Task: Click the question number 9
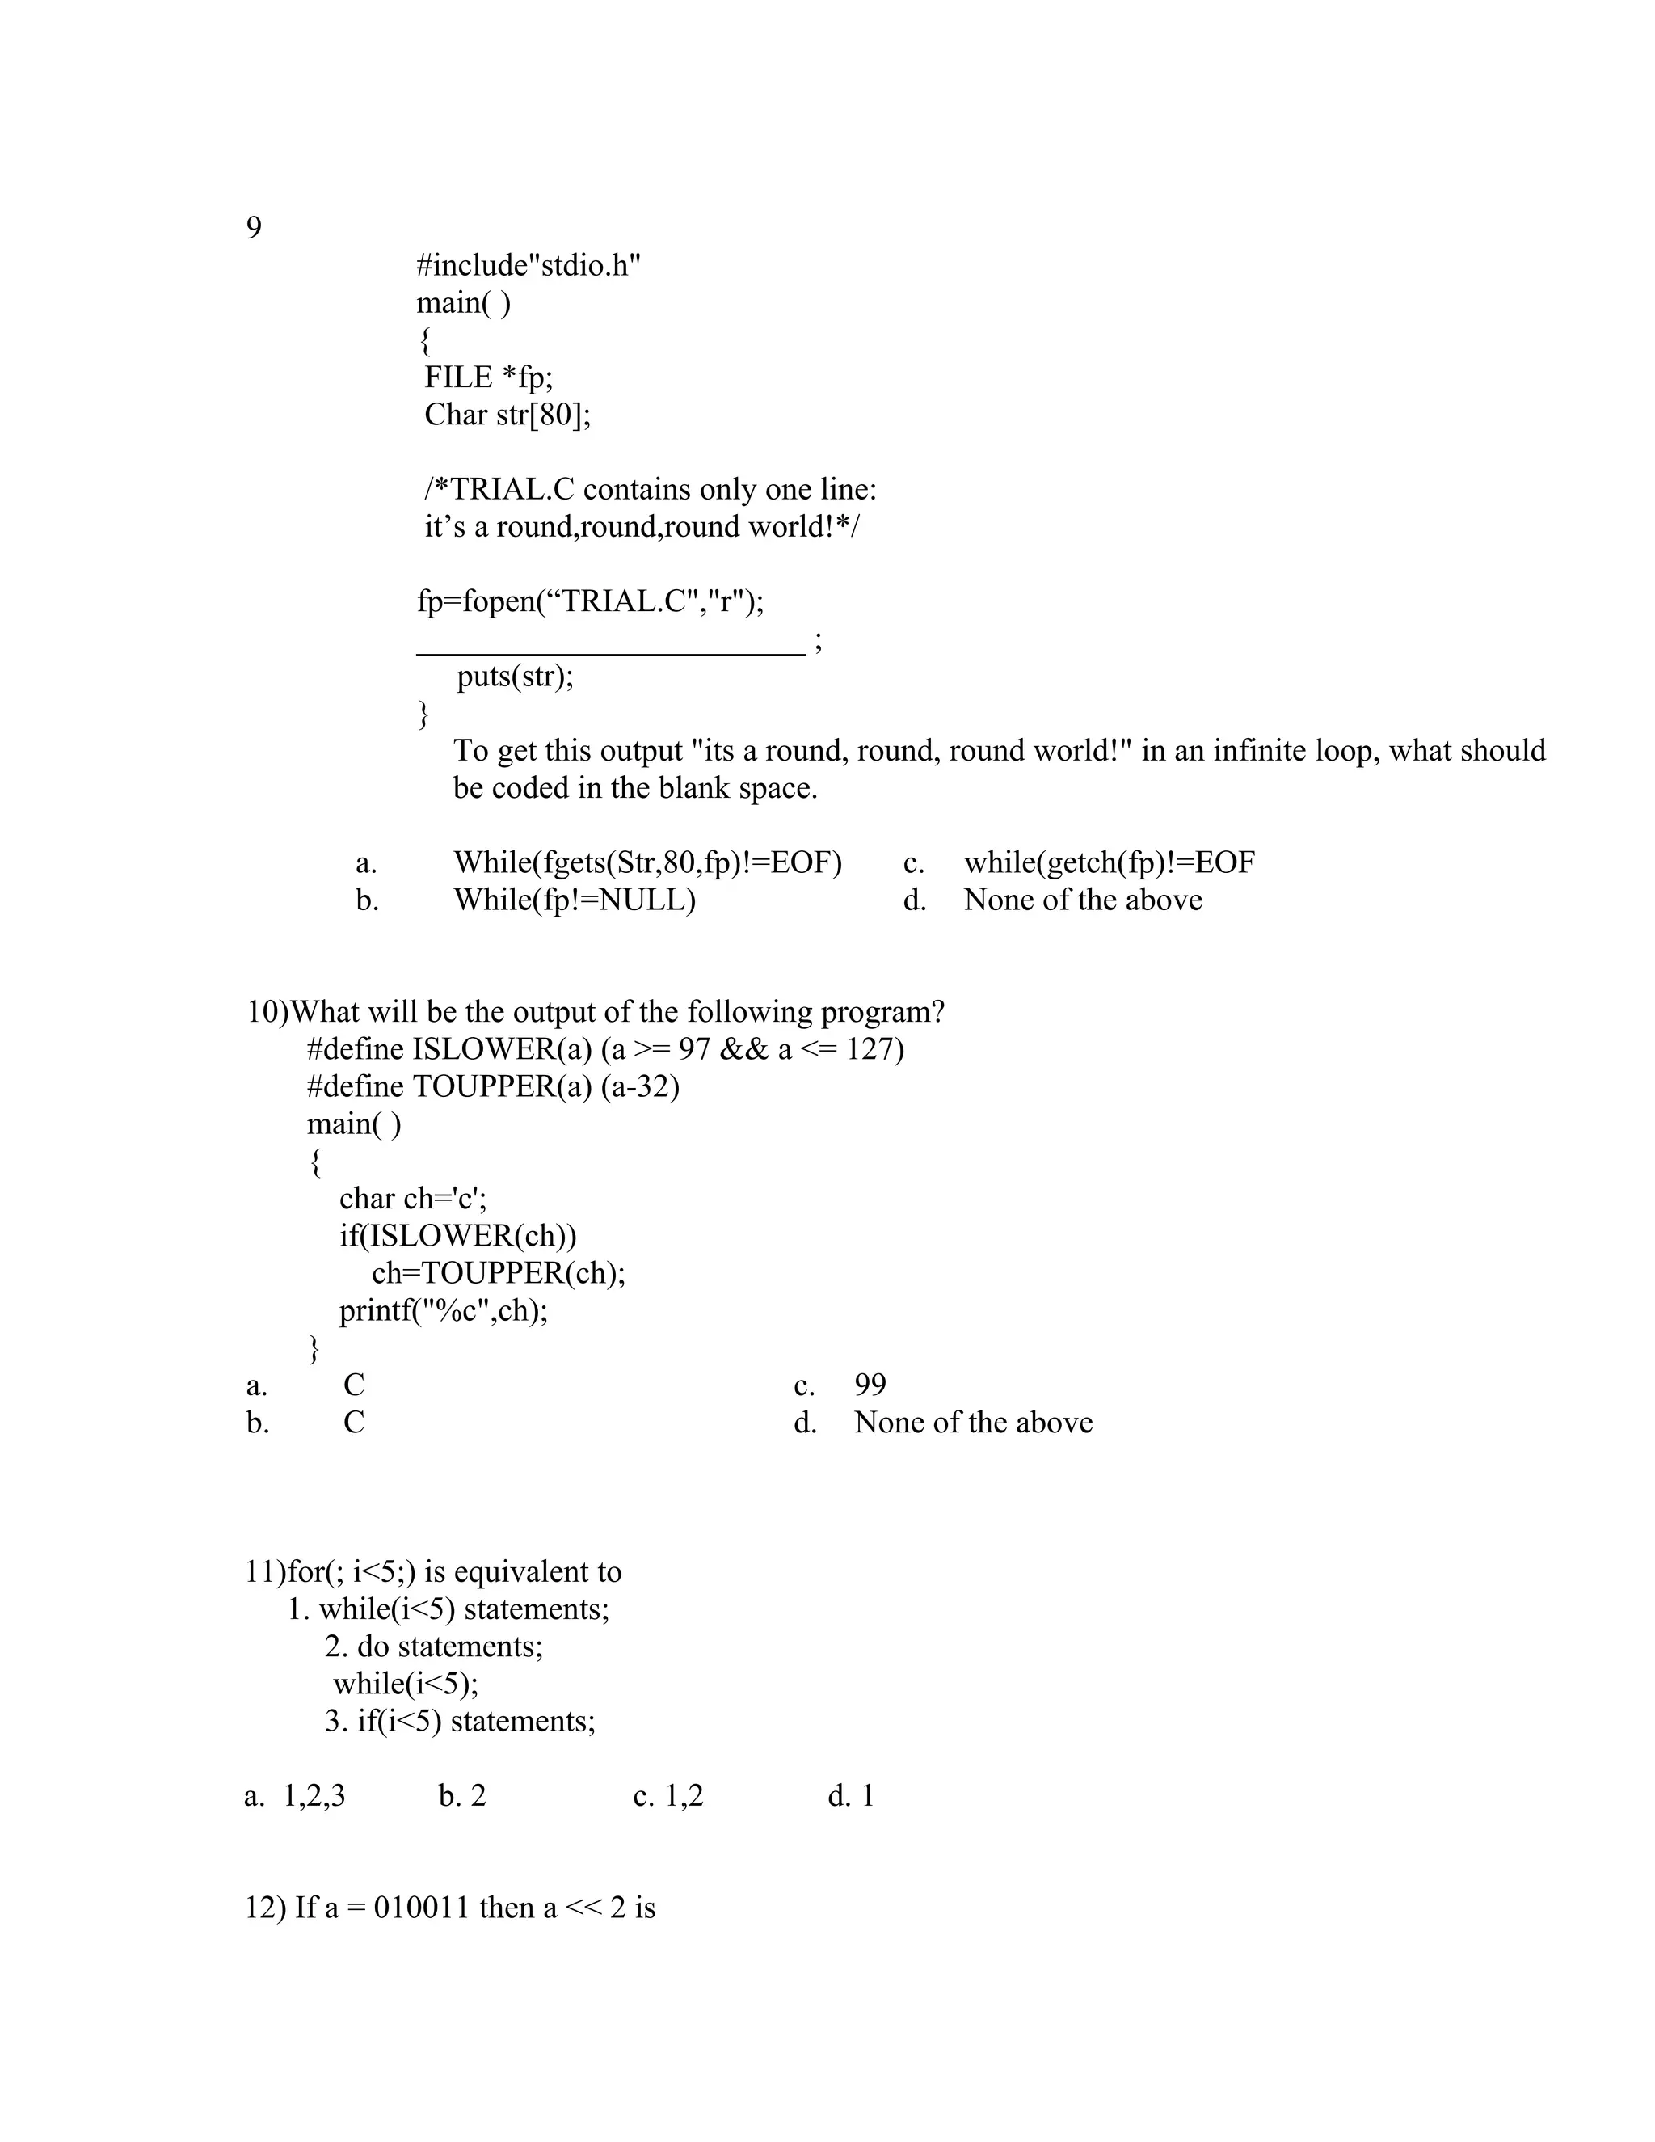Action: click(x=253, y=229)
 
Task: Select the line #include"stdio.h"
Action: click(x=528, y=266)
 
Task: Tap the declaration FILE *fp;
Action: click(x=488, y=377)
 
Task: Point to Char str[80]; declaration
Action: click(x=507, y=415)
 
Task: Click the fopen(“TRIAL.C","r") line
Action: click(x=590, y=601)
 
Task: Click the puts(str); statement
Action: click(x=515, y=677)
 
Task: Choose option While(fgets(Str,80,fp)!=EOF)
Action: click(x=647, y=863)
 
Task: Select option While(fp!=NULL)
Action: click(x=575, y=900)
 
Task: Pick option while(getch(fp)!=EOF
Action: click(x=1108, y=863)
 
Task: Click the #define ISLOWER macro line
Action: click(x=605, y=1049)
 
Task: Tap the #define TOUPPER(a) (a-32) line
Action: click(x=493, y=1086)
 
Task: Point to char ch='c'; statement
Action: click(x=413, y=1199)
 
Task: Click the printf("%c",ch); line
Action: click(x=443, y=1310)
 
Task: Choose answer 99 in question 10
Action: click(x=870, y=1385)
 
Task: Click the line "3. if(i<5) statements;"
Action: click(x=460, y=1721)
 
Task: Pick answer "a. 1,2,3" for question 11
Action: click(x=295, y=1796)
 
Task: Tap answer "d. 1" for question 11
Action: click(x=850, y=1796)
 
